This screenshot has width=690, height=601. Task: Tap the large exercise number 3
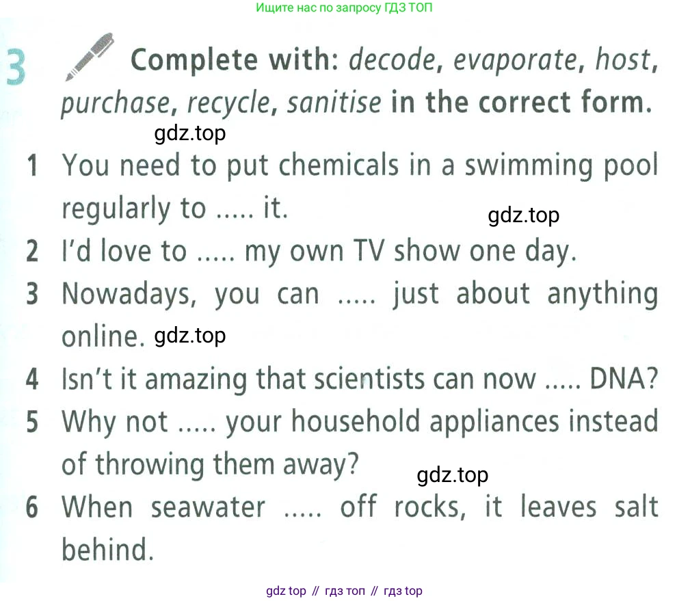click(16, 67)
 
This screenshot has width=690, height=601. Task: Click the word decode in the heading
click(392, 60)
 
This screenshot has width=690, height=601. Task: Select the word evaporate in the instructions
click(515, 61)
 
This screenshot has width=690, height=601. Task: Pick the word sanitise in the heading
click(334, 103)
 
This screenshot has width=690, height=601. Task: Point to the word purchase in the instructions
click(115, 104)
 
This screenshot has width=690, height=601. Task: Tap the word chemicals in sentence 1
click(339, 165)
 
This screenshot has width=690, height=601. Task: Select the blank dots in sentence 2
click(215, 258)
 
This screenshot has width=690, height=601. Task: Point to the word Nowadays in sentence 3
click(129, 294)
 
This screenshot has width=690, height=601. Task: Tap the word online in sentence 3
click(103, 336)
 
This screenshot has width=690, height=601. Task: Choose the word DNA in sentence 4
click(623, 378)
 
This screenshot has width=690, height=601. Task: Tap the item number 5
click(33, 421)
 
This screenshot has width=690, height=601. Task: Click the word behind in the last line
click(107, 550)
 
